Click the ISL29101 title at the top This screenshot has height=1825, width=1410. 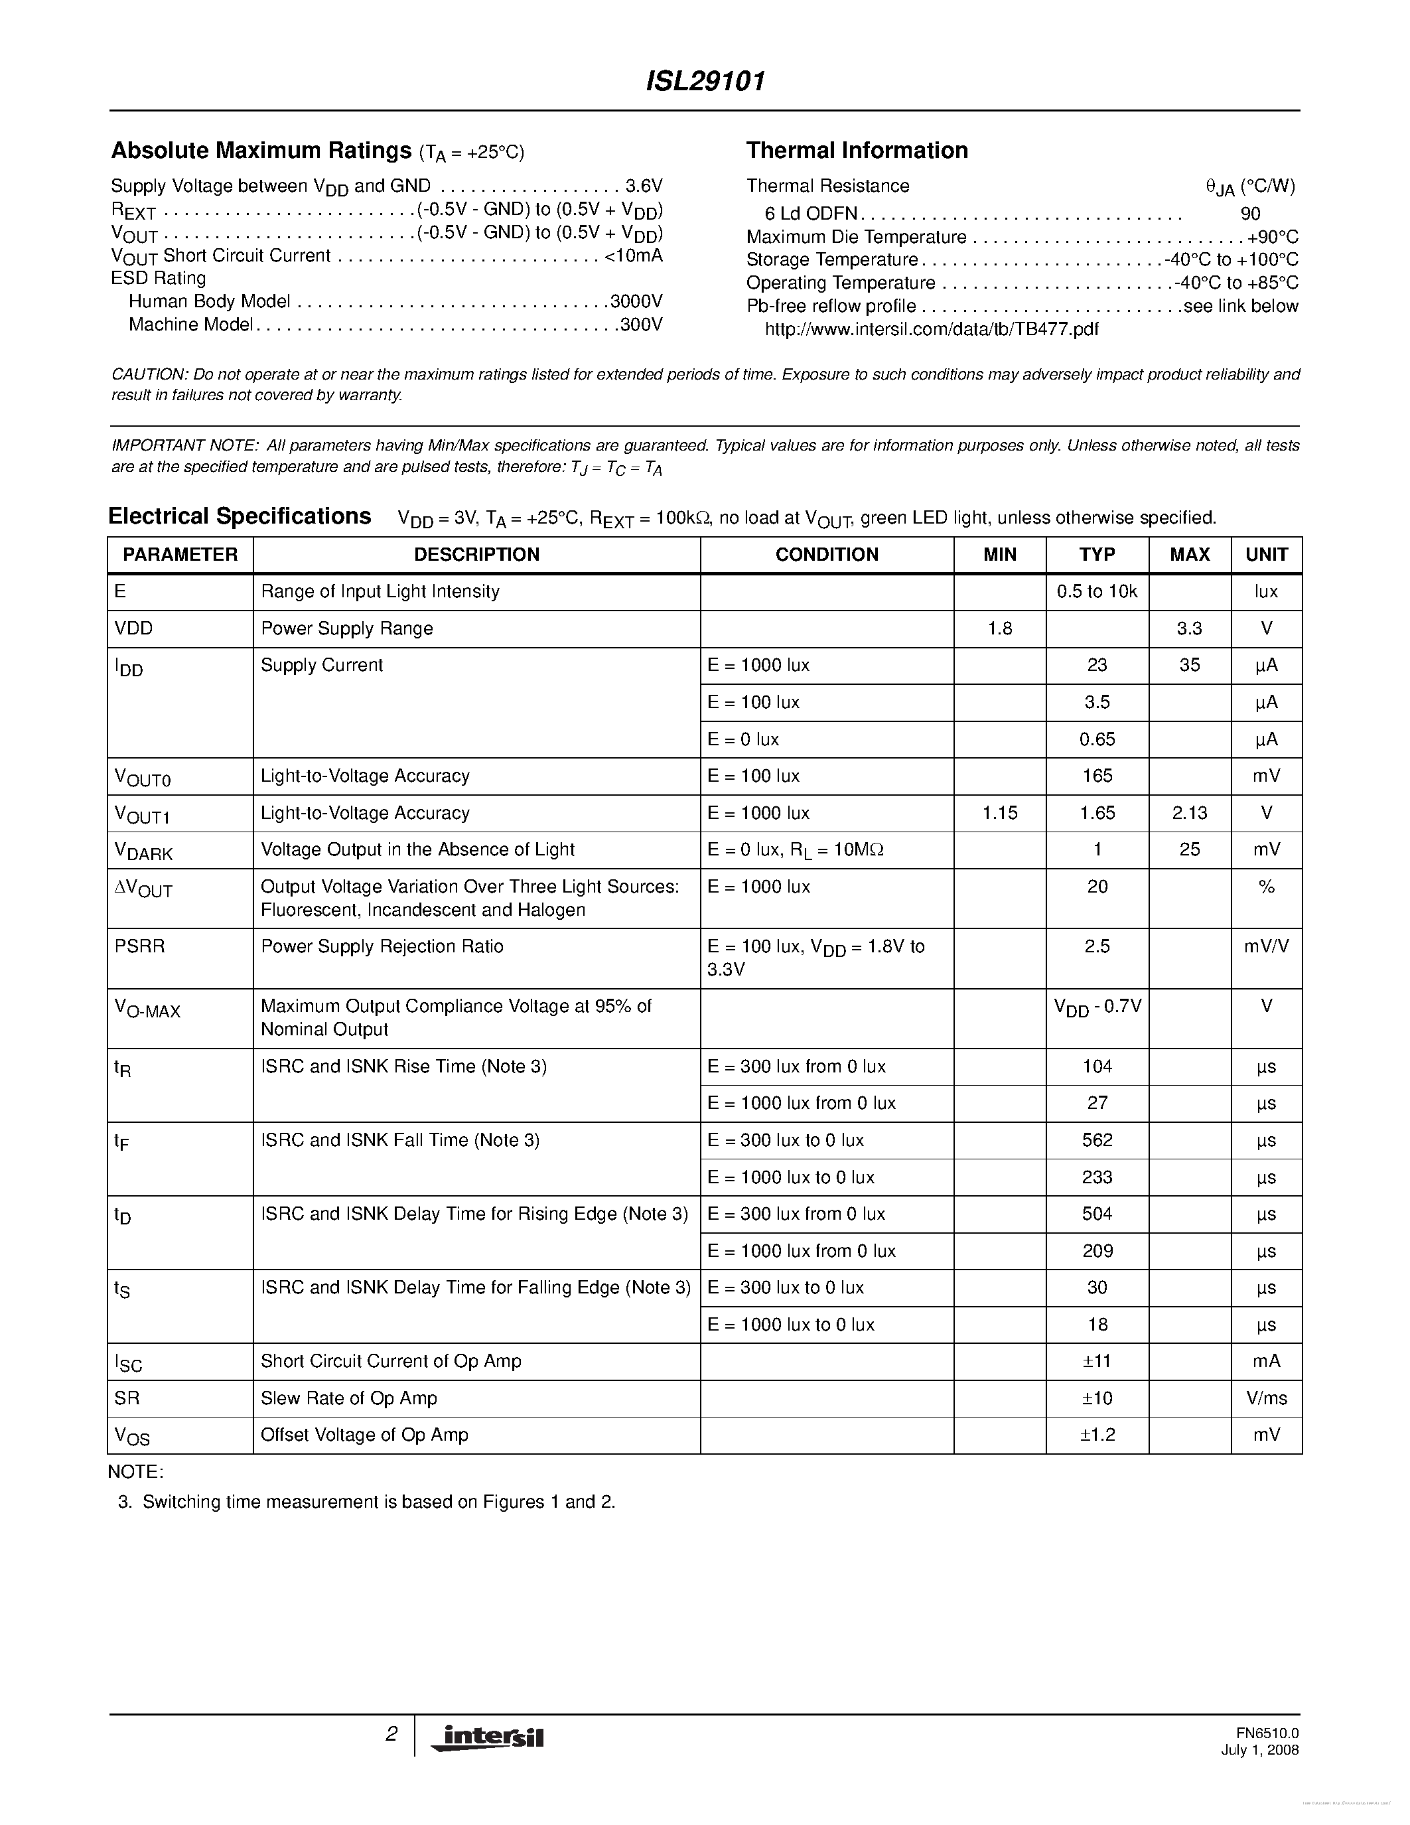pos(705,81)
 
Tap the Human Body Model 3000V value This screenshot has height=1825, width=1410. pos(636,301)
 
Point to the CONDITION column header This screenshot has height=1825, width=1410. pos(826,555)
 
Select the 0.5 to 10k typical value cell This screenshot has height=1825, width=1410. pos(1096,591)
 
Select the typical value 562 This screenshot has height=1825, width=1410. pos(1096,1141)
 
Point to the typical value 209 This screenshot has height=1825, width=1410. pos(1096,1251)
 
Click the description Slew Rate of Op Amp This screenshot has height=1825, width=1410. pos(348,1398)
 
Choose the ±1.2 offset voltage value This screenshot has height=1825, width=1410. pos(1096,1435)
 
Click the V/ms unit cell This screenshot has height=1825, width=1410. pos(1265,1398)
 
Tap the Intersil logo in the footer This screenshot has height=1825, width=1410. pos(488,1737)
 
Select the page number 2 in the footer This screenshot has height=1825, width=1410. pos(391,1735)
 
